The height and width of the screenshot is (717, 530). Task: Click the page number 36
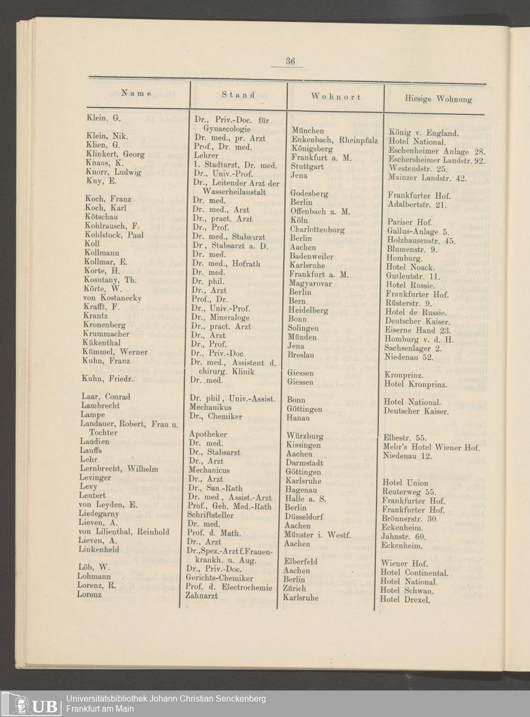pos(290,61)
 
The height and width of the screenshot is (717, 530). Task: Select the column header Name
pos(136,94)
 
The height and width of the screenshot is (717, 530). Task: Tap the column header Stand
pos(238,95)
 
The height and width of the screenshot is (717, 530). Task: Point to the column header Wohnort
pos(336,97)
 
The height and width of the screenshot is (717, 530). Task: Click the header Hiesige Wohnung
pos(438,99)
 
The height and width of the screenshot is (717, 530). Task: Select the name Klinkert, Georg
pos(115,154)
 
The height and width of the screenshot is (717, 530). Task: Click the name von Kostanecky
pos(112,298)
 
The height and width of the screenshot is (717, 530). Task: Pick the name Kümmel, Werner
pos(114,351)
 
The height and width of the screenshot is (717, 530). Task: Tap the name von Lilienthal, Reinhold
pos(123,531)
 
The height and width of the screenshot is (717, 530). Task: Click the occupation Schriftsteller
pos(214,515)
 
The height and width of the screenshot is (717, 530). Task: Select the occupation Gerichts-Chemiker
pos(219,578)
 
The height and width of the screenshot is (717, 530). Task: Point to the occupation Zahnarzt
pos(201,596)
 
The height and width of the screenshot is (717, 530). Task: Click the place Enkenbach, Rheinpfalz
pos(334,140)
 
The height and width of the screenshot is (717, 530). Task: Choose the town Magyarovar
pos(311,283)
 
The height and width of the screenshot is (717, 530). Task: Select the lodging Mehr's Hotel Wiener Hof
pos(431,447)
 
